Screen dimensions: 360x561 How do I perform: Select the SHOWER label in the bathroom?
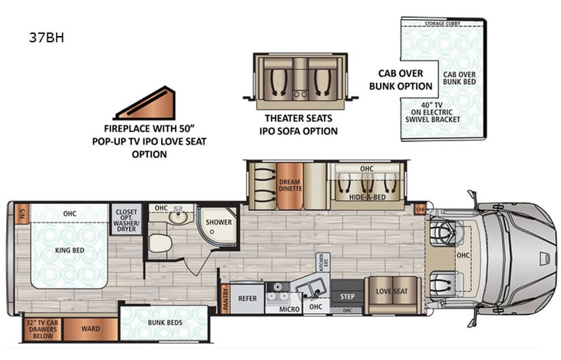coord(219,222)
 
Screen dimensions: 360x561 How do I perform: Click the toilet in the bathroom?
coord(159,243)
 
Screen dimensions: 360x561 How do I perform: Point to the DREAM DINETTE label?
coord(290,187)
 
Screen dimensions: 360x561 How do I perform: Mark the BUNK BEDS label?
coord(164,322)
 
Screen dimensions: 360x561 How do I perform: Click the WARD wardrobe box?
coord(91,329)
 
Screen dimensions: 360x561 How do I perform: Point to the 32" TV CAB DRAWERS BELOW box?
coord(41,329)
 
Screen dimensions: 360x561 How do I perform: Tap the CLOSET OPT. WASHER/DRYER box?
coord(126,218)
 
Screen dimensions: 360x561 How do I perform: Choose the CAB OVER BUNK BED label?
coord(460,79)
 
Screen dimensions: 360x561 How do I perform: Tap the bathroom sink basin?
coord(177,217)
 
